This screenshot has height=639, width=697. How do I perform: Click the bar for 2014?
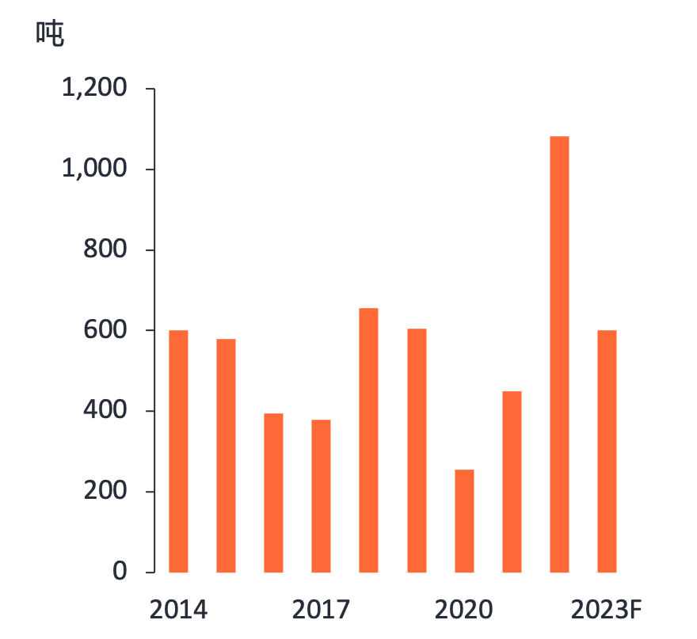tap(179, 451)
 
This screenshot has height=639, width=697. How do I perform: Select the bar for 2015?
tap(227, 455)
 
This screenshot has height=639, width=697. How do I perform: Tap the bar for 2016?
tap(274, 493)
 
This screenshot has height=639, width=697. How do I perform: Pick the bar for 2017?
tap(322, 496)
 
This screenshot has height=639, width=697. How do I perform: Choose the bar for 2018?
tap(369, 440)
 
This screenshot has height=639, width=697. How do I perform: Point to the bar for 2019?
tap(417, 450)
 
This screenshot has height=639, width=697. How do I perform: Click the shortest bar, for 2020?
tap(465, 521)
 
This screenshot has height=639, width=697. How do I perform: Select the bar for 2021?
tap(512, 481)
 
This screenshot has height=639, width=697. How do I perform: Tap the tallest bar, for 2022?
tap(560, 354)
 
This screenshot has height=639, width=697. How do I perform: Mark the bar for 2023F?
tap(607, 451)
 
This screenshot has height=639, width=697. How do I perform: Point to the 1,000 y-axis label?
tap(94, 169)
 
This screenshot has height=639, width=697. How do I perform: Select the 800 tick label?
tap(105, 249)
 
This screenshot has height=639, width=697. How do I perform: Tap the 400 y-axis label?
tap(105, 410)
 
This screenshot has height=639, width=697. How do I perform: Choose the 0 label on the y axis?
tap(119, 571)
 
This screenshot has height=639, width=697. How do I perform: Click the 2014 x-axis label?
tap(178, 610)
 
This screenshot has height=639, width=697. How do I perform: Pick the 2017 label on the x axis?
tap(321, 610)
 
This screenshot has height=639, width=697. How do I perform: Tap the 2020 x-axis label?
tap(464, 610)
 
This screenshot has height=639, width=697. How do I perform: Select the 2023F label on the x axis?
tap(605, 610)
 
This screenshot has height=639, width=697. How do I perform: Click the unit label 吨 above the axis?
tap(50, 34)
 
